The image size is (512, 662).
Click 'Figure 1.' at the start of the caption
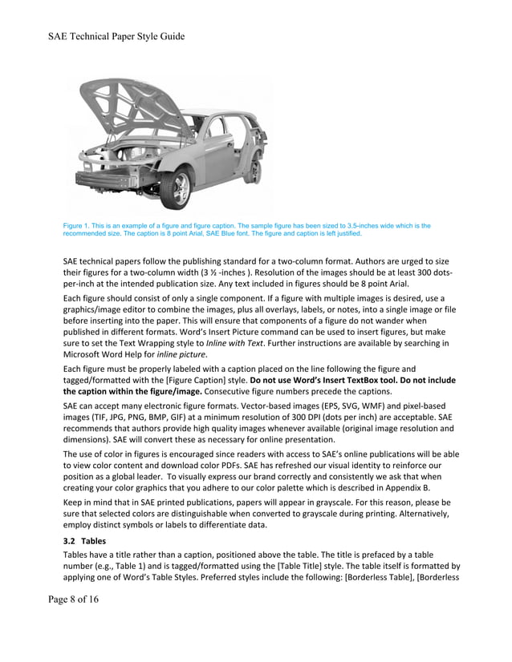(79, 226)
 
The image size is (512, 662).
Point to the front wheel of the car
(177, 189)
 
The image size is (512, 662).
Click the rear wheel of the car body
(255, 170)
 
